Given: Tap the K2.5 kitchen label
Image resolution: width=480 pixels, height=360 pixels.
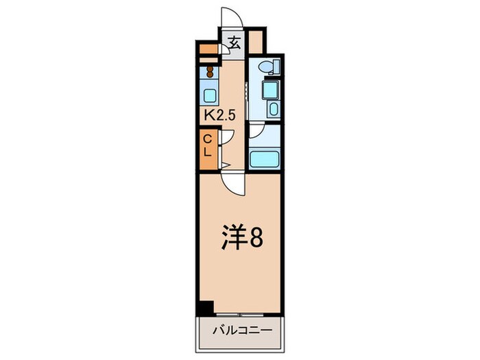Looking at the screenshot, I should [219, 116].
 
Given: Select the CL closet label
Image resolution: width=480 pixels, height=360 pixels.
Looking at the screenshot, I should [207, 145].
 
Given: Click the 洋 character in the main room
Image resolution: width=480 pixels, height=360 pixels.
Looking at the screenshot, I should [232, 238].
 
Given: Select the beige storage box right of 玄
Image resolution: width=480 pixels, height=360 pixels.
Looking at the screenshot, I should [256, 42].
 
